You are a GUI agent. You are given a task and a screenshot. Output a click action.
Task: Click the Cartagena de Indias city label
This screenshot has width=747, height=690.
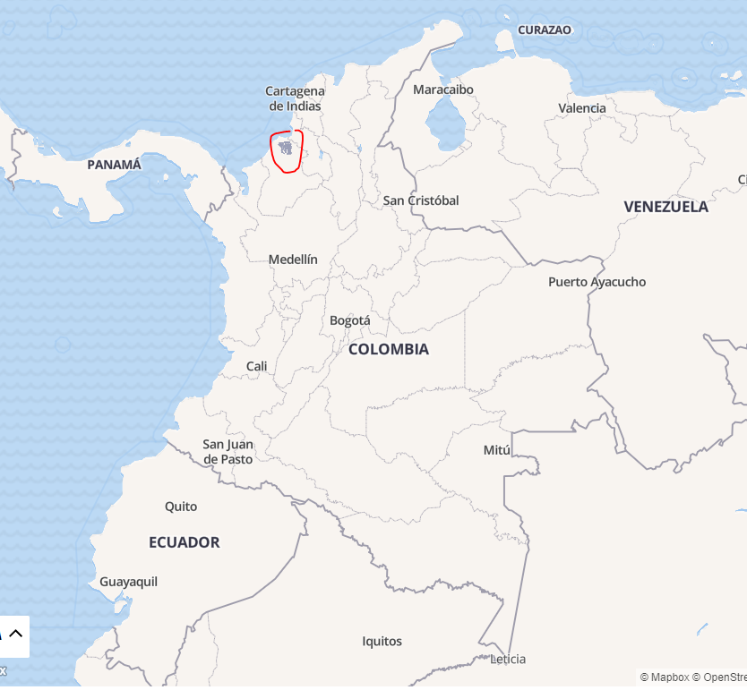coord(295,98)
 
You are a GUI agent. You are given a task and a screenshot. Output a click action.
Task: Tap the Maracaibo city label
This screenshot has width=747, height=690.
coord(443,89)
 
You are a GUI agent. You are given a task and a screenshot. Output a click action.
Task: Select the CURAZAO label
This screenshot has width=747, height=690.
coord(544,30)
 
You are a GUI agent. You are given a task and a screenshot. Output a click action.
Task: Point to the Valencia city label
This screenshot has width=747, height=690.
coord(582,108)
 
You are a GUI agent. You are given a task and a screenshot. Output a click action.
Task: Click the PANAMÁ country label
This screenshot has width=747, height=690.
coord(114,165)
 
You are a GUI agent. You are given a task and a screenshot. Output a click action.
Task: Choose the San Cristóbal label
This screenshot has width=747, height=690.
coord(421,200)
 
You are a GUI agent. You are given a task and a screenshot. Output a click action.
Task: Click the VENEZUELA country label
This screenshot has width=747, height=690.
coord(665,207)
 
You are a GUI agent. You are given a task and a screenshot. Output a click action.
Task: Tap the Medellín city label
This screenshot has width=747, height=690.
coord(293,260)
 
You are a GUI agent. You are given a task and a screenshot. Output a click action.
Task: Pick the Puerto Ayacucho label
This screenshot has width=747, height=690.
coord(597,282)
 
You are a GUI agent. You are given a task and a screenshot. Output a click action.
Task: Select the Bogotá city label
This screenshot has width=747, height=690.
coord(349,320)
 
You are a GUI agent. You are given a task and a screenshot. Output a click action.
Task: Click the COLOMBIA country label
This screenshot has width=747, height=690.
coord(388,349)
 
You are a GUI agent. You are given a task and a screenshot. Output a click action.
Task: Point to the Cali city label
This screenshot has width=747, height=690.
coord(256,366)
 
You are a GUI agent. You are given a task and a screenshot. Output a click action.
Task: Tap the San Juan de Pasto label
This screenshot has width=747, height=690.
coord(228,451)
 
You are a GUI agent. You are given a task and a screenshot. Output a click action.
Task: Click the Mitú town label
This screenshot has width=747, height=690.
coord(496,450)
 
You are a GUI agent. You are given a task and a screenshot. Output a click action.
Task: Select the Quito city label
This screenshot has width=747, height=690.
coord(181,507)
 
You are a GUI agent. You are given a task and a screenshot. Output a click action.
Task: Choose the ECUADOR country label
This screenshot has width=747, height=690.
coord(184,542)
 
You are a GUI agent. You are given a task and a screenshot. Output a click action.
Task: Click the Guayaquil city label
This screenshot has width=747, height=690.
coord(128,582)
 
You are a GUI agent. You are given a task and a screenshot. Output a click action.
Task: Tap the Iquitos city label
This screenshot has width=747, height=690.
coord(382,641)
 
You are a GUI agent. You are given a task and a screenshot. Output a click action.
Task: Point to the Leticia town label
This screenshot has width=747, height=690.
coord(508,660)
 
